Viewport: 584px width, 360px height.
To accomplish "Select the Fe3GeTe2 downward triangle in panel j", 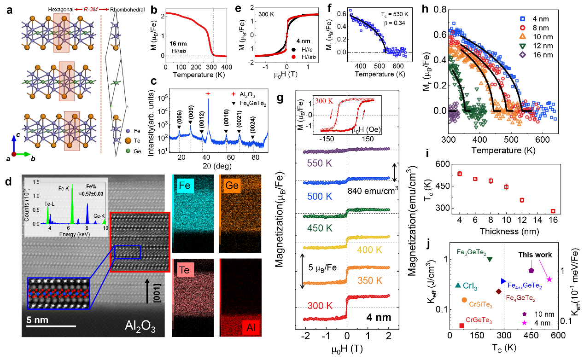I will click(490, 259).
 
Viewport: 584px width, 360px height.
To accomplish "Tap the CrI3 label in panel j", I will click(470, 287).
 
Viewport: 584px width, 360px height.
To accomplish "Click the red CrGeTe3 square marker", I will click(461, 325).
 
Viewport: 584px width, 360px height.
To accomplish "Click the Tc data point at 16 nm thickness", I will click(553, 211).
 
